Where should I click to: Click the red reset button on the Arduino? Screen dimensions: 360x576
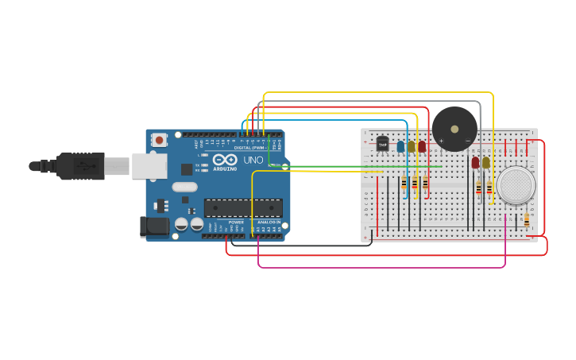160,141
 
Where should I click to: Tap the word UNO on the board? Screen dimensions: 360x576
253,160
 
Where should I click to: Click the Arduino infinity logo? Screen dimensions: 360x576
224,160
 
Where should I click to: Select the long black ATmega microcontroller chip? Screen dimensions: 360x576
243,207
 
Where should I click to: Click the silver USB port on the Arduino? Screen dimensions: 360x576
149,165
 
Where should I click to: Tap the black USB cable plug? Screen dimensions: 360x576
79,166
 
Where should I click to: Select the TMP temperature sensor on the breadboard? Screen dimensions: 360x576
382,145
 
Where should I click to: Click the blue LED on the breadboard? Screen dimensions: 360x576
400,147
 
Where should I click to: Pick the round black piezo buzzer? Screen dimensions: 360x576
454,128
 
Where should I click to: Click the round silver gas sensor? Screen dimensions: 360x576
516,184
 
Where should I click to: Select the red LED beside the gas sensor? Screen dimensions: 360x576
475,163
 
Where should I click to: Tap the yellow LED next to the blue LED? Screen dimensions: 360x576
412,147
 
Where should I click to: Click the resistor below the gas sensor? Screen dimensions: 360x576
527,220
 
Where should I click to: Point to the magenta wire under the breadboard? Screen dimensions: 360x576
381,267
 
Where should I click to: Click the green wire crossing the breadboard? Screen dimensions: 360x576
358,167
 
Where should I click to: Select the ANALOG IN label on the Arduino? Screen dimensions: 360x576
267,222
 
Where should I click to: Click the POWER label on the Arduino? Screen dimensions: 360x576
236,222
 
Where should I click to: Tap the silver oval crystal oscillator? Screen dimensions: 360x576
184,188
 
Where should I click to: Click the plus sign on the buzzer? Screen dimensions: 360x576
441,141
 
